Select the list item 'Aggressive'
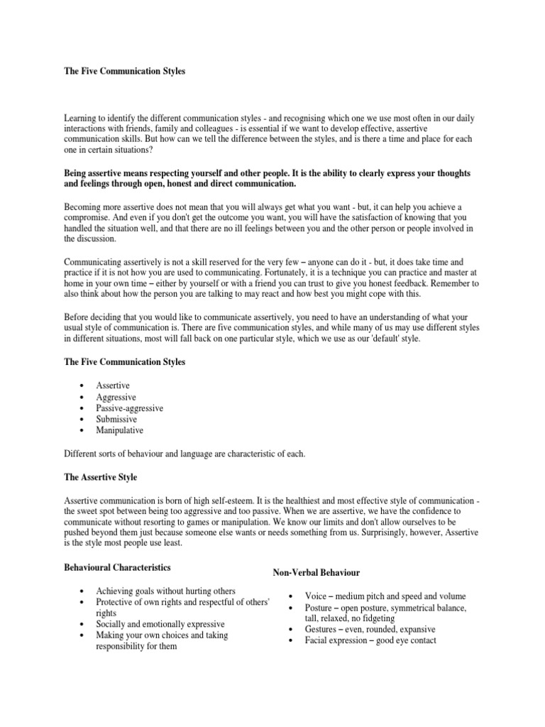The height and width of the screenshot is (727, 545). coord(116,396)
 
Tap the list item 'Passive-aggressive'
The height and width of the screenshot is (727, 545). coord(130,408)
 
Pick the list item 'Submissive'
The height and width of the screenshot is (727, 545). coord(116,419)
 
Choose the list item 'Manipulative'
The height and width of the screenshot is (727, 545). coord(119,430)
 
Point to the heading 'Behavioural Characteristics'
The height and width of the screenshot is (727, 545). coord(117,567)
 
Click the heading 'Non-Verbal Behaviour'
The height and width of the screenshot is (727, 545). coord(316,572)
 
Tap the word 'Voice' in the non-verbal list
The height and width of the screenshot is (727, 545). coord(316,596)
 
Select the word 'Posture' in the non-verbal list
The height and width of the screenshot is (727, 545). coord(319,608)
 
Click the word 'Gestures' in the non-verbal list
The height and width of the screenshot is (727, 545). coord(321,629)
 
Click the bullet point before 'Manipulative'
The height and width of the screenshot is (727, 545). coord(84,431)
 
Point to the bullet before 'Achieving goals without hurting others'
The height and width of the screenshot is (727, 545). coord(84,591)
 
